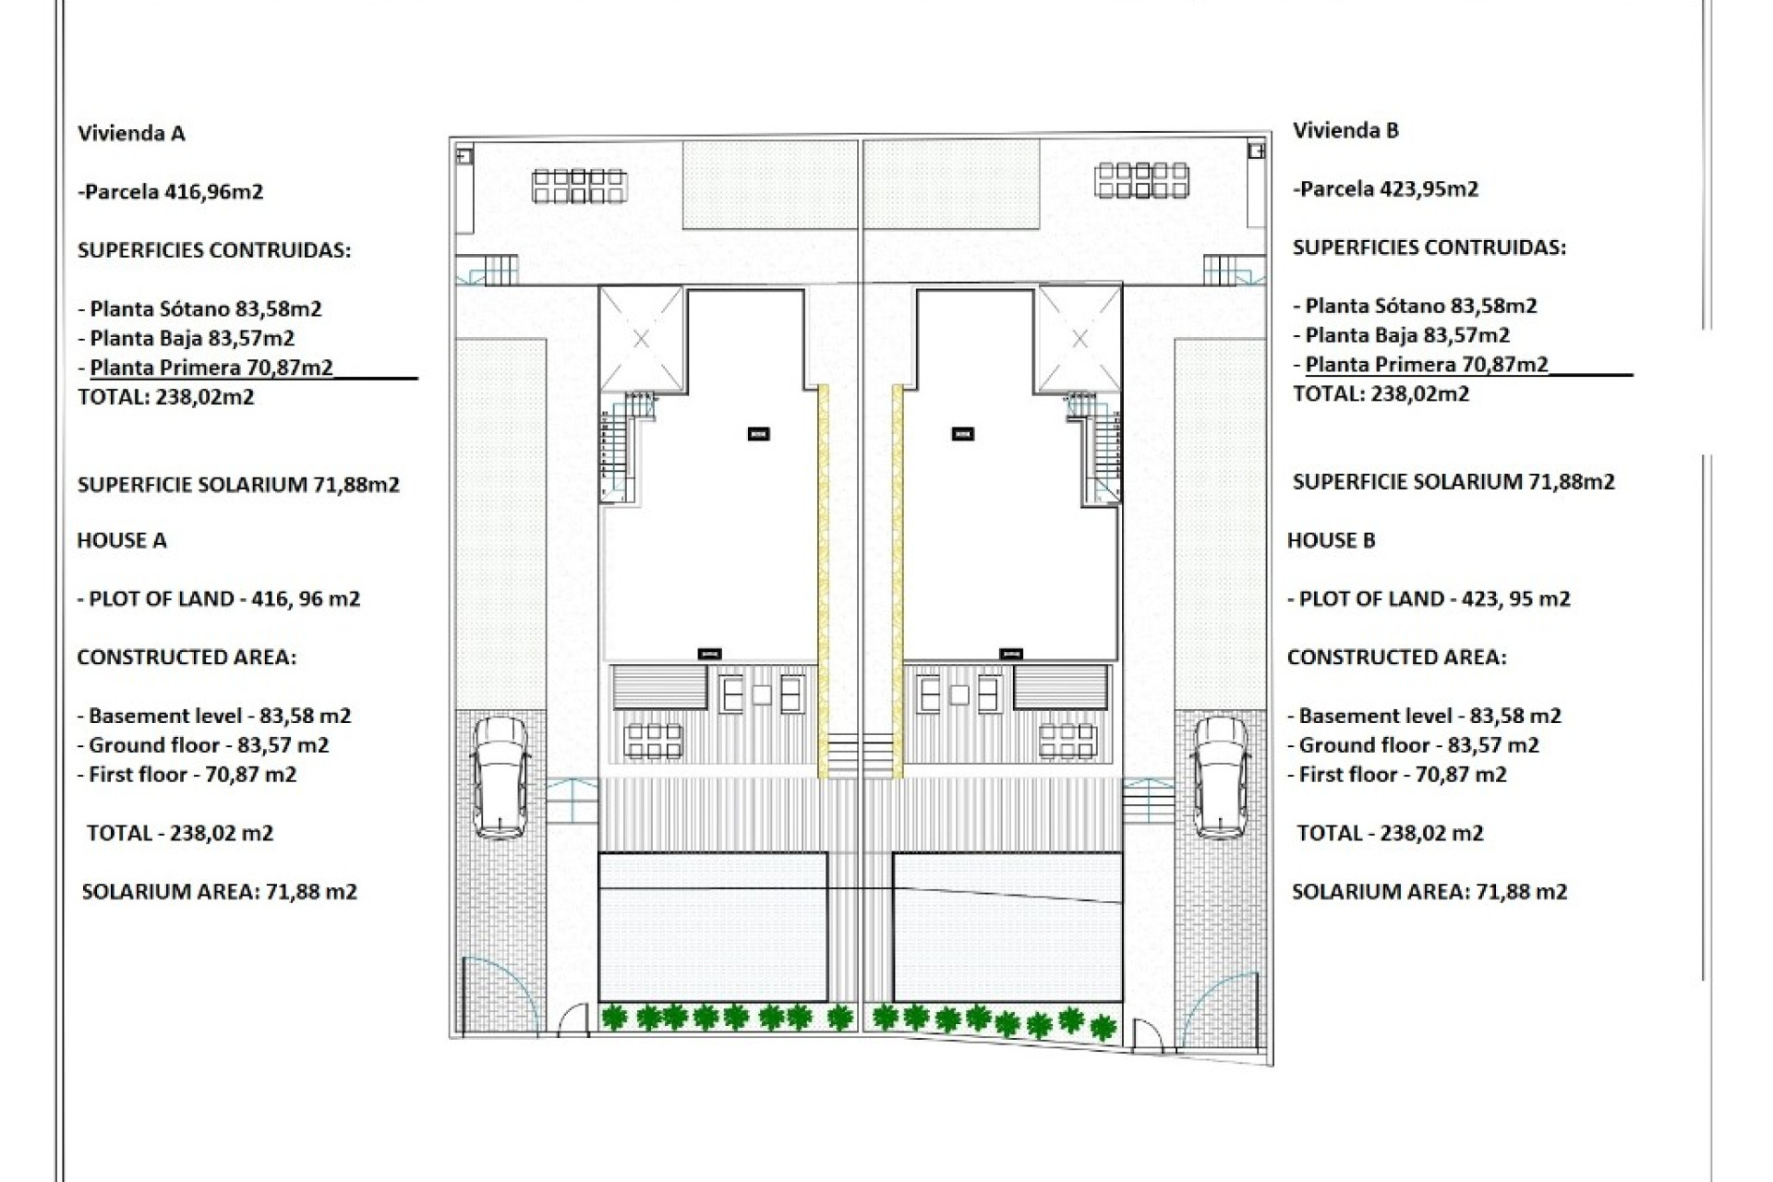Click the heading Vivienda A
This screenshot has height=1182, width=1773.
coord(131,133)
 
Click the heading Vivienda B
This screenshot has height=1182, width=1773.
coord(1345,130)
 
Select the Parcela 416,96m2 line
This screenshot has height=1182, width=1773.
coord(171,192)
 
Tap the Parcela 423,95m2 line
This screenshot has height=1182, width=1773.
coord(1385,189)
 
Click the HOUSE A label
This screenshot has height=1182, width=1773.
coord(121,540)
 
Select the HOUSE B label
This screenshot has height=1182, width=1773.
coord(1331,540)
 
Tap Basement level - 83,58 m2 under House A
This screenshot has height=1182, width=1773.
coord(213,716)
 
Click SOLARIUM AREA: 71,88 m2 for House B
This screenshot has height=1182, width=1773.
coord(1429,892)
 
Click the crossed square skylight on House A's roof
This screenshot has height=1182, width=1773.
coord(642,339)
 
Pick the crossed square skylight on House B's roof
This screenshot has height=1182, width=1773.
coord(1079,339)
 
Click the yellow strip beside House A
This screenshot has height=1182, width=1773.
coord(823,582)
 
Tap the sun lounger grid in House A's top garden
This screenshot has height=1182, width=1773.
coord(579,186)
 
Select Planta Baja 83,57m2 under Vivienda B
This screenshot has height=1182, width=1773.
coord(1401,335)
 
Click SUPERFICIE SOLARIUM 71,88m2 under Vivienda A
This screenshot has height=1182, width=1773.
coord(238,485)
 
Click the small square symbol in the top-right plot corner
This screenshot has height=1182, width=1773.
coord(1256,151)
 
